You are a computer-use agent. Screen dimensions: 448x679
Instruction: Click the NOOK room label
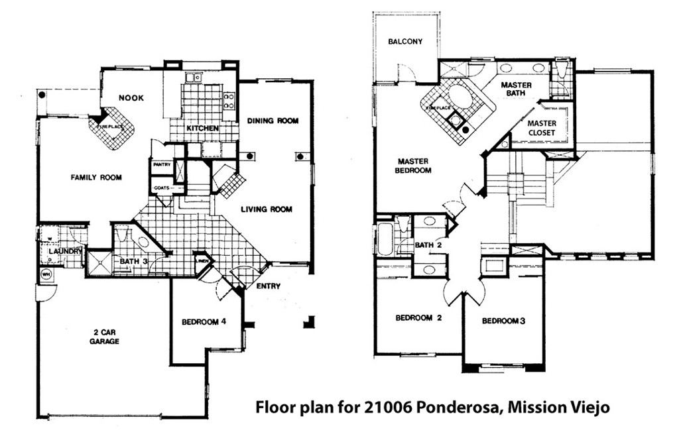(131, 98)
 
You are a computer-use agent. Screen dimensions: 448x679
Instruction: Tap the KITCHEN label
(202, 128)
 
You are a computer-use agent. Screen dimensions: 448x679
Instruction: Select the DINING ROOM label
(273, 121)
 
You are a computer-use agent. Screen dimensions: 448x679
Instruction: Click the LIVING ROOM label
(266, 209)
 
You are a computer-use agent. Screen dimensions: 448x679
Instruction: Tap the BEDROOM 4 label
(205, 322)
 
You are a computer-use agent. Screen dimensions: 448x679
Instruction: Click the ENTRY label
(269, 286)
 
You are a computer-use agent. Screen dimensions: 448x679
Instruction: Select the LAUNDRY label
(65, 252)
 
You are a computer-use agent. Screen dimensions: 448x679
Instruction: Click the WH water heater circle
(46, 274)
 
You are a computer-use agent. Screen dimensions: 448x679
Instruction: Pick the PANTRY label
(162, 164)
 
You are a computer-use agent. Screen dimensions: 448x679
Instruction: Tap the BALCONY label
(405, 41)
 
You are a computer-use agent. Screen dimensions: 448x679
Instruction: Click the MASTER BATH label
(517, 90)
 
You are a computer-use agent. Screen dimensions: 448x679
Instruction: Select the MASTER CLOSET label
(542, 128)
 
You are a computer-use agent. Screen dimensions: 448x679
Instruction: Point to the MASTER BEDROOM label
(414, 166)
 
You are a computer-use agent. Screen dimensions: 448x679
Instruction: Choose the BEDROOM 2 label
(418, 317)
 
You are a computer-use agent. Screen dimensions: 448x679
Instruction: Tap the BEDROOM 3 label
(503, 321)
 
